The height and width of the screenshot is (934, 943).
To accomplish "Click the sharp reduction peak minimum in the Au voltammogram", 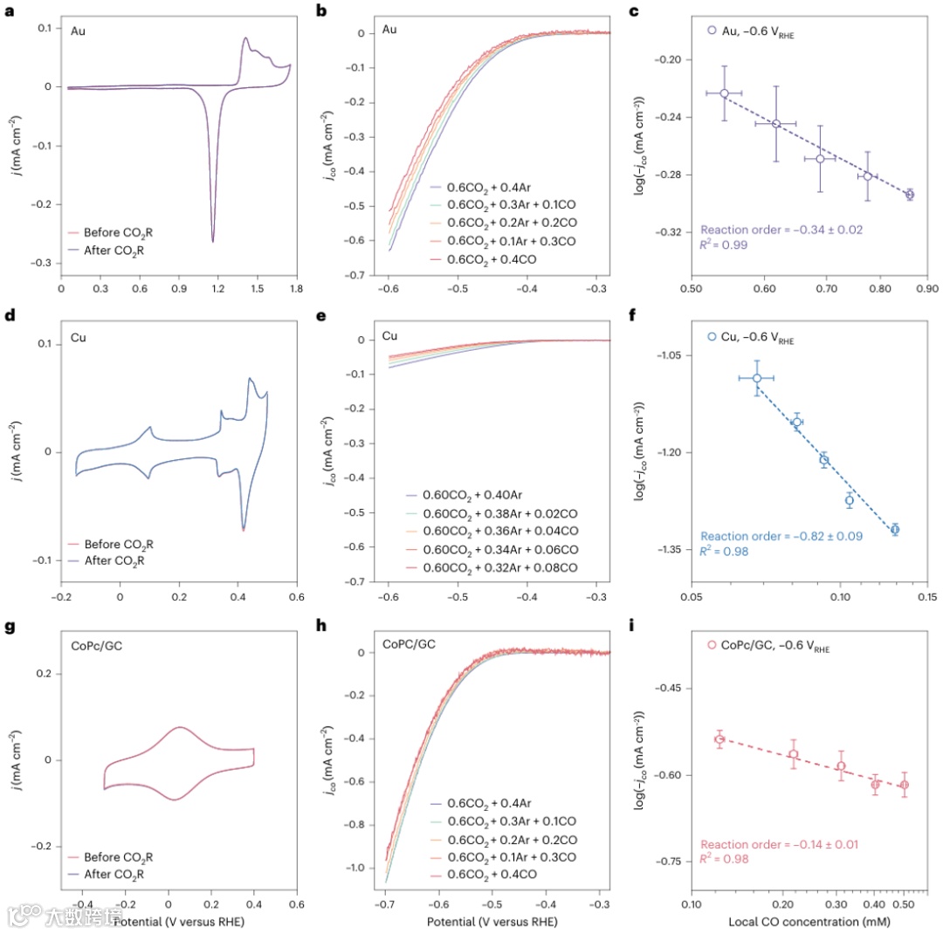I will point(213,241).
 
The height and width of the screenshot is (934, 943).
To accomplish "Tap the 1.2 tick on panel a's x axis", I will point(218,285).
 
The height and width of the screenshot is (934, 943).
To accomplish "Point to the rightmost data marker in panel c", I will point(909,195).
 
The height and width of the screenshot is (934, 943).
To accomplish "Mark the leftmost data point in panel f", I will point(757,378).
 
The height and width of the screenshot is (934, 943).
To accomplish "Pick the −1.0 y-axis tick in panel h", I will point(357,868).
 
